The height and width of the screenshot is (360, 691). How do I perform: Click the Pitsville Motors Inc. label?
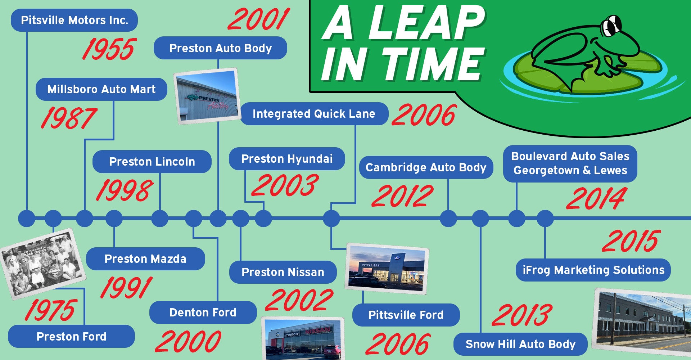[x=74, y=20]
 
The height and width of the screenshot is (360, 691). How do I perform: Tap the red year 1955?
[x=109, y=49]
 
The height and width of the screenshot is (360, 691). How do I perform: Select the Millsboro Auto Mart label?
[x=101, y=89]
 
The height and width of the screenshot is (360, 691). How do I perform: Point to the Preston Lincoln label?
[x=152, y=162]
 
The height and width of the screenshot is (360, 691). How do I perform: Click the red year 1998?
[x=125, y=190]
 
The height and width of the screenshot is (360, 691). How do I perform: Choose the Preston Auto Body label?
[x=220, y=48]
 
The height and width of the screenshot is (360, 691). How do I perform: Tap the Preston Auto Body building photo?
[x=207, y=96]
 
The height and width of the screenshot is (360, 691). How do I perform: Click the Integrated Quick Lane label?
[x=314, y=114]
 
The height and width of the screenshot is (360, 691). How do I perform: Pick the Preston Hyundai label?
[x=287, y=159]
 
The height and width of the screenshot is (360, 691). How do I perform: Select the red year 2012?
[x=402, y=196]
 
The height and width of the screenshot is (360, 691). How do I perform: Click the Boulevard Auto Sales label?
[x=570, y=163]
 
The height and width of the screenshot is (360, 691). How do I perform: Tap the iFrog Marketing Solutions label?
[x=593, y=270]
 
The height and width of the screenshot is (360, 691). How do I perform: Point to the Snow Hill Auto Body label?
[x=520, y=344]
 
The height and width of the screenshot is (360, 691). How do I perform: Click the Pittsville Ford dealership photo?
[x=387, y=269]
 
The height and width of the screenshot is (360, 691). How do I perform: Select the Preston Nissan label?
[x=283, y=272]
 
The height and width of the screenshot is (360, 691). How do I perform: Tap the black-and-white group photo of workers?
[x=42, y=264]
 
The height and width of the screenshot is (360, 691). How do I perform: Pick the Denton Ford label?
[x=203, y=312]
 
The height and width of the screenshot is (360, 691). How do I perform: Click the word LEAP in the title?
[x=426, y=23]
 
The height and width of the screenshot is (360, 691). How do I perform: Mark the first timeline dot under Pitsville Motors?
[x=27, y=218]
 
